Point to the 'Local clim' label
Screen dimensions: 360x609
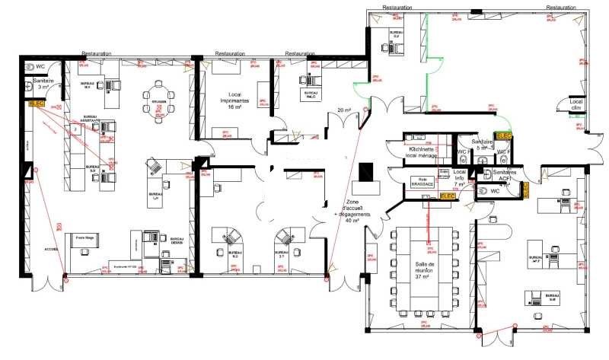tap(576, 104)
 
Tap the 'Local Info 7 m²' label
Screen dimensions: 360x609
tap(459, 178)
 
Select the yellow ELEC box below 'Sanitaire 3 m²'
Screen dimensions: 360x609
tap(37, 102)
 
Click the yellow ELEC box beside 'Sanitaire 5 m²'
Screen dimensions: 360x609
tap(504, 136)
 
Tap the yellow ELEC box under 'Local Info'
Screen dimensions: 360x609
tap(448, 196)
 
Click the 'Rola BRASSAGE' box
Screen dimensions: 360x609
tap(421, 182)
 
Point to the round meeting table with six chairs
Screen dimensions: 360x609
tap(159, 102)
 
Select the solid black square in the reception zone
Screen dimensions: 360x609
tap(368, 173)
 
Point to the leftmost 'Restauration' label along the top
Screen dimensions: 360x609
tap(97, 54)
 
